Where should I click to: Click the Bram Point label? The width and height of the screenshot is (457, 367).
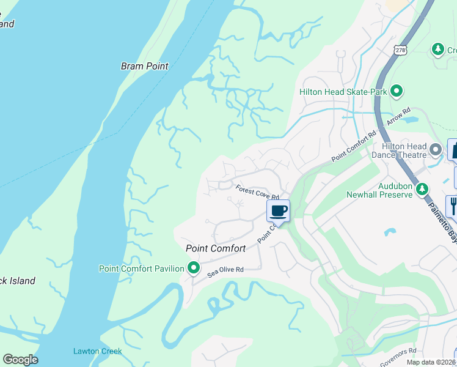144,66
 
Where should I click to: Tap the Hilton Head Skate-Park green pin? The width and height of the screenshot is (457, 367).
397,92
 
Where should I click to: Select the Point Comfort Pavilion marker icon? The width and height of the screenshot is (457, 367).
194,268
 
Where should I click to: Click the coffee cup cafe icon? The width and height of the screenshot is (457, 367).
278,211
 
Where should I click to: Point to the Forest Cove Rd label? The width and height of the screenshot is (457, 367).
257,193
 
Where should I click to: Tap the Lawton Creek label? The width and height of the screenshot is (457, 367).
97,351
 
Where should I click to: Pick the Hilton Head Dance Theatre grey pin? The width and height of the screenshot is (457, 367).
435,149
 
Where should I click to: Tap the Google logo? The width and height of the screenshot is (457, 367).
20,360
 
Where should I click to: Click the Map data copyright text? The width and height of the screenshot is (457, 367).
431,362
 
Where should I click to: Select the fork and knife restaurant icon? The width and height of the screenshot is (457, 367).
453,205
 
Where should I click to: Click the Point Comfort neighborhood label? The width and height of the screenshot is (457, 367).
216,248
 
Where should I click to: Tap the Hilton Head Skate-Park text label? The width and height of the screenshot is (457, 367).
343,92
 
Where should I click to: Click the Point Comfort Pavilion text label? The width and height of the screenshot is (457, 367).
141,269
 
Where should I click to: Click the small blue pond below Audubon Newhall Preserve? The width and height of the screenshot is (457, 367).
389,232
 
